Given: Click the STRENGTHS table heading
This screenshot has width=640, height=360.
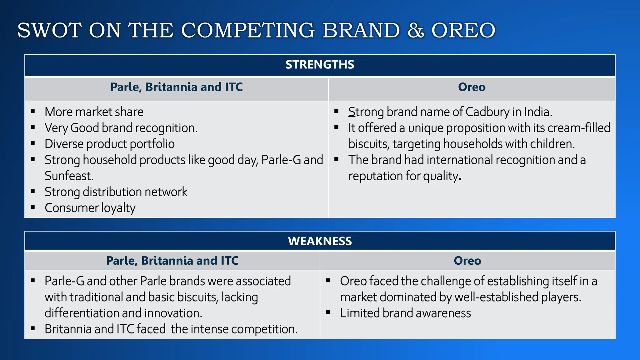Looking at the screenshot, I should pos(320,65).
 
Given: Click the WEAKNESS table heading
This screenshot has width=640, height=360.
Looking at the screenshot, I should pos(320,241).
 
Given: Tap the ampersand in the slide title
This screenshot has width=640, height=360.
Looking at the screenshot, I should pos(416,31).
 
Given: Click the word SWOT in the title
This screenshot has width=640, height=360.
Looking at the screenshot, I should pos(49,31).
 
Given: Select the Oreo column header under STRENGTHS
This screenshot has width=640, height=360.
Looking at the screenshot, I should pos(472,87).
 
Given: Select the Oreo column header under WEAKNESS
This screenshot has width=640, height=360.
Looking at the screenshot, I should pos(467,261).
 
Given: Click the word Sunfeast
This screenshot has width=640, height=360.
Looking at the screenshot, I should pos(69,176).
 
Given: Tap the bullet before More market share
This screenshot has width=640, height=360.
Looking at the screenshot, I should pos(33,111).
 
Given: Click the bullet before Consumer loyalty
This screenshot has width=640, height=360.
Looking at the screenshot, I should pos(33,207).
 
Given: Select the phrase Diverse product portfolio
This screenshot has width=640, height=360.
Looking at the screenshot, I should pos(109,144).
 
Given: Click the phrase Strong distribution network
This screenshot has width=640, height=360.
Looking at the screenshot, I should pos(116,192).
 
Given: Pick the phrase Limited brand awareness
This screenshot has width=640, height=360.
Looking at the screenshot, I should pos(405,313).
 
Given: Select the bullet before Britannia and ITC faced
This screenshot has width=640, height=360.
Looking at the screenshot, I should pos(33,328).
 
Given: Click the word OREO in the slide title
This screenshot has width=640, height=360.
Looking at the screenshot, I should pos(463,31).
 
